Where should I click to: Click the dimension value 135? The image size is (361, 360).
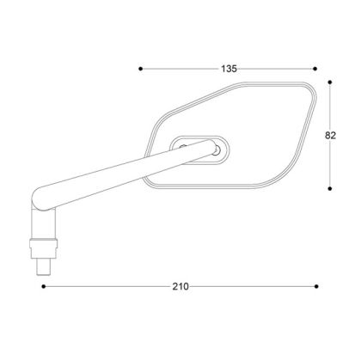point(229,67)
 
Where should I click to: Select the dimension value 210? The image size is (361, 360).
point(181,285)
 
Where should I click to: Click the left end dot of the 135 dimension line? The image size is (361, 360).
point(140,67)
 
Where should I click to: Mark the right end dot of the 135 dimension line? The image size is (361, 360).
point(316,67)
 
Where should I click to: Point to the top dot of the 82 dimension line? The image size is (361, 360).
point(332,83)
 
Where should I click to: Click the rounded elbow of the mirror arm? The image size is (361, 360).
point(40,202)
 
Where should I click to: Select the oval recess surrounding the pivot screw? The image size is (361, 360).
point(199,149)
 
